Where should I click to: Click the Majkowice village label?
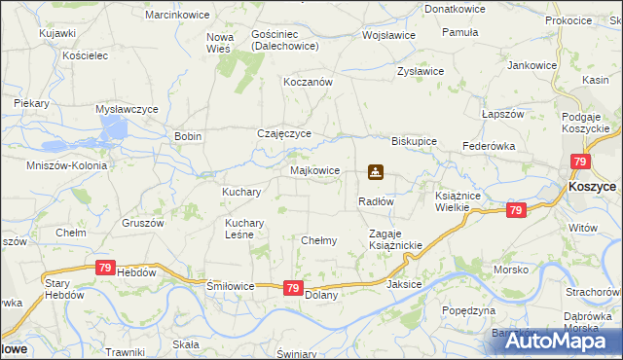pyautogui.click(x=315, y=170)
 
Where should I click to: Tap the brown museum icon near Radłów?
pyautogui.click(x=375, y=173)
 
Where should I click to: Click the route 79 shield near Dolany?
pyautogui.click(x=293, y=288)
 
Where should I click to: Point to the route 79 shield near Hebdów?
pyautogui.click(x=105, y=267)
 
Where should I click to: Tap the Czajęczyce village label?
pyautogui.click(x=283, y=134)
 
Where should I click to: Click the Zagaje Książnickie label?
pyautogui.click(x=395, y=239)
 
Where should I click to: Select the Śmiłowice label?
pyautogui.click(x=231, y=286)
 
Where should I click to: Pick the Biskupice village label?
pyautogui.click(x=414, y=140)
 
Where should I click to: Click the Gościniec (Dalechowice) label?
pyautogui.click(x=280, y=39)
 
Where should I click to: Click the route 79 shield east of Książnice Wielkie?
pyautogui.click(x=516, y=210)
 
